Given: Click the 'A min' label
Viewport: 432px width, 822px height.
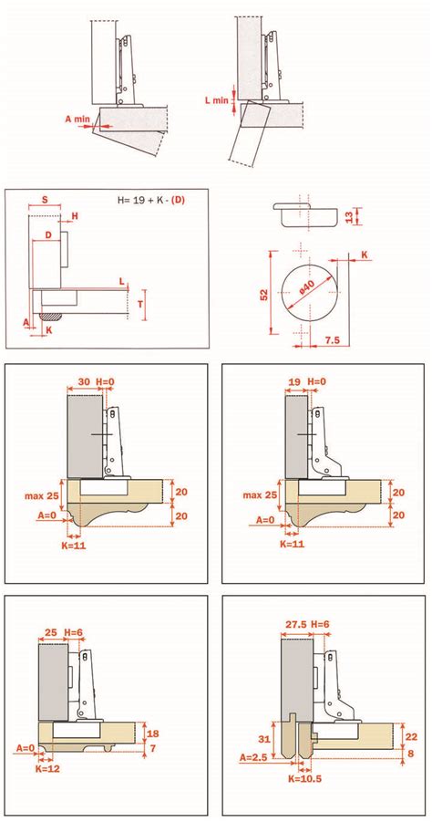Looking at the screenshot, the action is [77, 119].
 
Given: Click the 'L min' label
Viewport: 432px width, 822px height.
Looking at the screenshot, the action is [215, 100].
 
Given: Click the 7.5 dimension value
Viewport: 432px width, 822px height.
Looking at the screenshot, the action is [332, 340].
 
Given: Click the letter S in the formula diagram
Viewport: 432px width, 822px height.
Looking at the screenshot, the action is [45, 200].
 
